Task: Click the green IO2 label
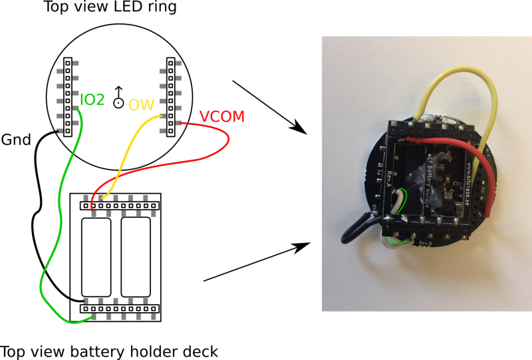[92, 100]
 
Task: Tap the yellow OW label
[141, 105]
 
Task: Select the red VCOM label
[222, 117]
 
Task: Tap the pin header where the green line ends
[120, 309]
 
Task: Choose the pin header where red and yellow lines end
[120, 206]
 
